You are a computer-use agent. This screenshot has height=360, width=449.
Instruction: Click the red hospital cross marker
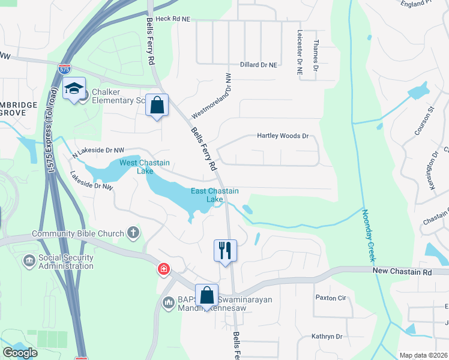pos(163,269)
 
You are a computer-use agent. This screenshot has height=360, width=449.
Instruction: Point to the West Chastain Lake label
pos(144,167)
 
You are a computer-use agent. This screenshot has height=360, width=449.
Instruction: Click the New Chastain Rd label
pos(402,272)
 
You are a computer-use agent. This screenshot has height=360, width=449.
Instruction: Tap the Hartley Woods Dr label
pos(283,136)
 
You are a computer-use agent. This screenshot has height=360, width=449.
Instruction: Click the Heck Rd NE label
pos(173,19)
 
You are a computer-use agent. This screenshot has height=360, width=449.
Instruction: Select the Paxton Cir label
pos(331,298)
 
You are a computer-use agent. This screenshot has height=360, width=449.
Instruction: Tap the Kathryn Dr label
pos(327,337)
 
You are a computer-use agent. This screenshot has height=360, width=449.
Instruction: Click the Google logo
pos(20,353)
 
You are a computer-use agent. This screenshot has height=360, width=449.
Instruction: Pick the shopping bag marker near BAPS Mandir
pos(206,296)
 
